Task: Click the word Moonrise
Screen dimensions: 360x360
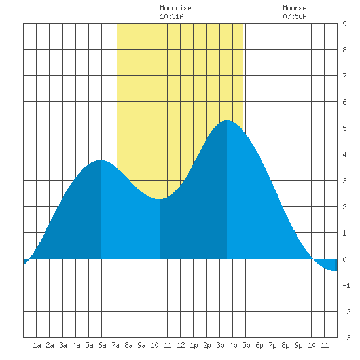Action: [175, 8]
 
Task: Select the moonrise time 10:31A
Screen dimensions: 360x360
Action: [171, 16]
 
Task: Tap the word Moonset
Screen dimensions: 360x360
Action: [297, 8]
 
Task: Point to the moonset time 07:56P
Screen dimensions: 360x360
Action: [295, 16]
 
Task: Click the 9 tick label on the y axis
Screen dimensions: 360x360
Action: [344, 24]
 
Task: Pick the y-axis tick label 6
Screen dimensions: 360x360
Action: [344, 102]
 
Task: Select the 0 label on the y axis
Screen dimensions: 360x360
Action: [344, 259]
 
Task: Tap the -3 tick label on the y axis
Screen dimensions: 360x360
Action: [346, 338]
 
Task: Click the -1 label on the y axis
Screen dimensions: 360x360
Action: [346, 285]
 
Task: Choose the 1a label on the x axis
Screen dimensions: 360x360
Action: [37, 345]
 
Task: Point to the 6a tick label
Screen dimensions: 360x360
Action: [102, 345]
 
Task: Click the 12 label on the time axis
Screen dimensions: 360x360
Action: [181, 345]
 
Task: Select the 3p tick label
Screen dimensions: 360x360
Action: [220, 345]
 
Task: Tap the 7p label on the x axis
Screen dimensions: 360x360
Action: [272, 345]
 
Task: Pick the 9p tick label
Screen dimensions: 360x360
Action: [298, 345]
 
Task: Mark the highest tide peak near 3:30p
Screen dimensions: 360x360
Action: [227, 120]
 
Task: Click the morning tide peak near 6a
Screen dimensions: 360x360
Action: [101, 160]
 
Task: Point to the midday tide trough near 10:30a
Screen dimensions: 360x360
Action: [159, 199]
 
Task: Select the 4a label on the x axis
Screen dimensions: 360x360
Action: [76, 345]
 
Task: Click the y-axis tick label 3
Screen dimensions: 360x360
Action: [344, 181]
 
